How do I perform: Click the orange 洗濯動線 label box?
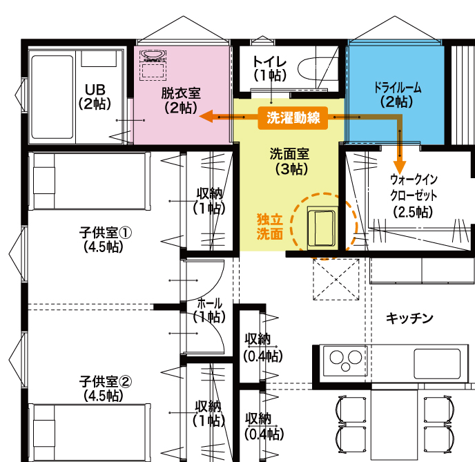(x=293, y=118)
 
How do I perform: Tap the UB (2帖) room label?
(x=95, y=97)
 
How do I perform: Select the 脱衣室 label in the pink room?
(x=181, y=93)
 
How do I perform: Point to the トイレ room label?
(x=269, y=61)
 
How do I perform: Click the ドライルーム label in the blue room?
(x=397, y=88)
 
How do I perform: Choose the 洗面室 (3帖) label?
(x=290, y=162)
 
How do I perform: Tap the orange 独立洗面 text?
(x=270, y=227)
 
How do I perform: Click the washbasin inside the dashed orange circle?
(x=322, y=228)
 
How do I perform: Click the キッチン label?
(x=409, y=319)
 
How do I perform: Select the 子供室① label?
(x=106, y=233)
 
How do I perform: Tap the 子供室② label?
(x=106, y=382)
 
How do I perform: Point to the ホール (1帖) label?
(x=209, y=310)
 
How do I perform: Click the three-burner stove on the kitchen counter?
(x=345, y=360)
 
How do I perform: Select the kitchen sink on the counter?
(x=437, y=363)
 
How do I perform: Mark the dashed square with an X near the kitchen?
(x=336, y=279)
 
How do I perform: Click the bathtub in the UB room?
(x=52, y=97)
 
